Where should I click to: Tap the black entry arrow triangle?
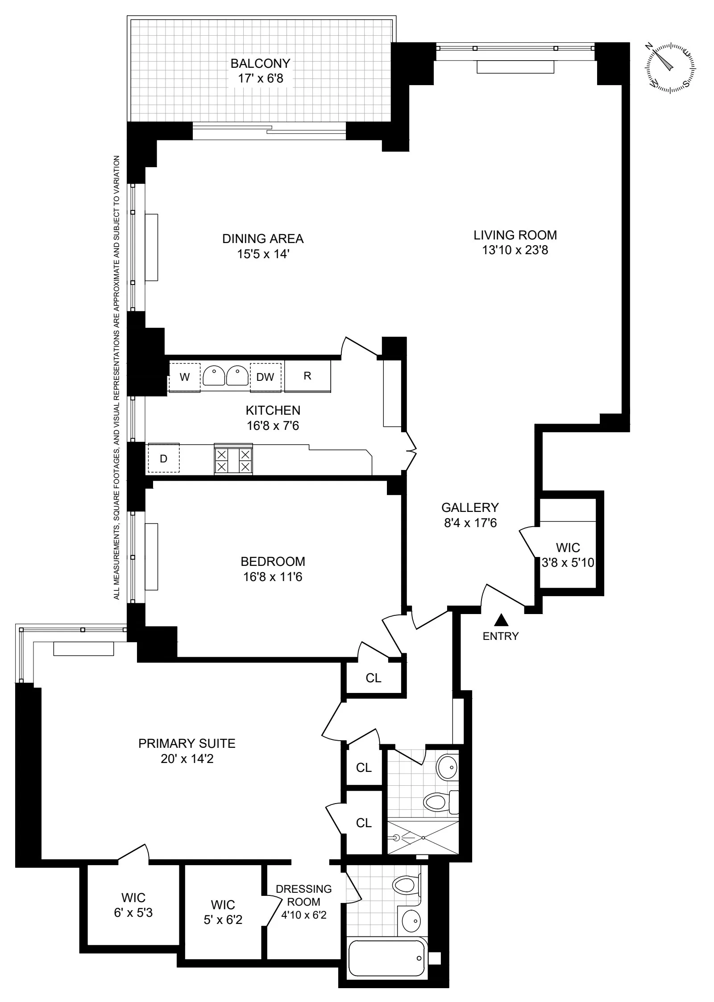pos(501,620)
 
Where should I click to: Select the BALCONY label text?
pos(260,63)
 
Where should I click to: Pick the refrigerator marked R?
pos(307,376)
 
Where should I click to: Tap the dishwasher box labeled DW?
pos(266,377)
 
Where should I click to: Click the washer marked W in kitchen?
pos(184,377)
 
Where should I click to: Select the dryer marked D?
pos(163,458)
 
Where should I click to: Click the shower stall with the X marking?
pos(423,837)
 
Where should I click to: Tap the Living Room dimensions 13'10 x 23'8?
pos(515,250)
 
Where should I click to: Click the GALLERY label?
pos(470,507)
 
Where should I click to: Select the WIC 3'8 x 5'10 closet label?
pos(568,555)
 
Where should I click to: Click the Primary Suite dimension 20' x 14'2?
pos(187,759)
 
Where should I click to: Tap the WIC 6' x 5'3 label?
pos(133,905)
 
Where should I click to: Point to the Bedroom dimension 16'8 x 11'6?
pos(273,577)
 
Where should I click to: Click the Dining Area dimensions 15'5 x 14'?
pos(263,254)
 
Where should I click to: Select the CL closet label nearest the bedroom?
pos(374,678)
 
